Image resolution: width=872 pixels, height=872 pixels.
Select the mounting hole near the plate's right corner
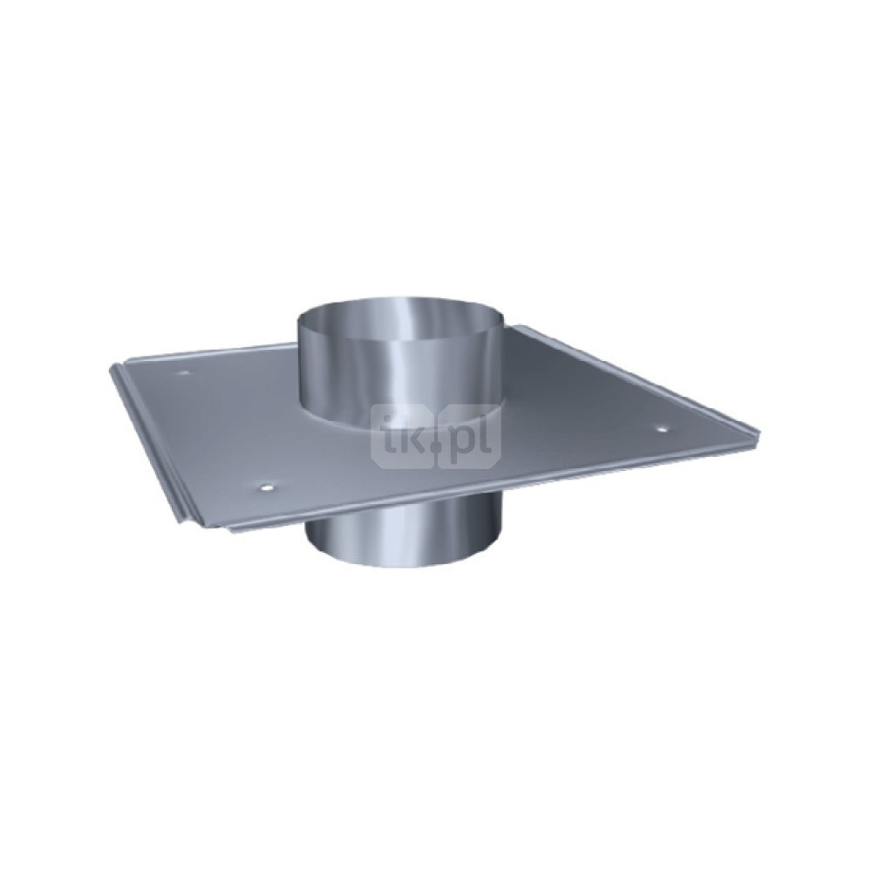[x=663, y=429]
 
